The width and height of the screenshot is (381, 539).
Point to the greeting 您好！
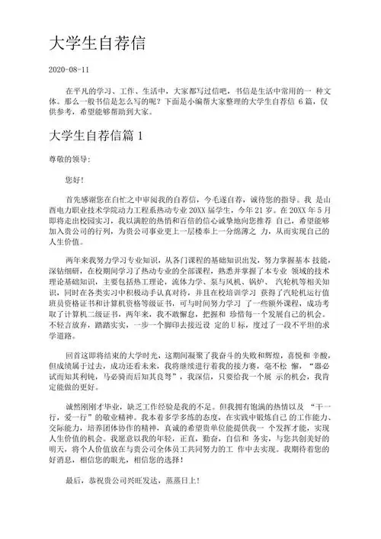[x=78, y=179]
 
